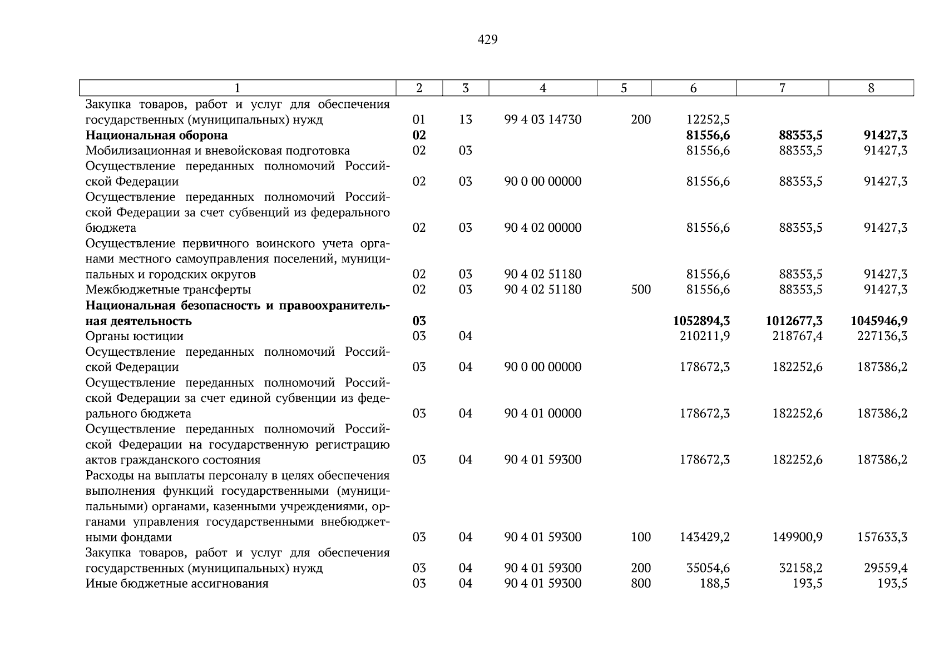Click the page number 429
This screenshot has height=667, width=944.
pos(487,39)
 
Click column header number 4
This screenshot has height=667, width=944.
pos(542,88)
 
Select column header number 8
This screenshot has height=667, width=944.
pos(871,88)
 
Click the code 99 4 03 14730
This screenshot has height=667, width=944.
pos(542,120)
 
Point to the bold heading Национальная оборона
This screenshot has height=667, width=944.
pos(156,135)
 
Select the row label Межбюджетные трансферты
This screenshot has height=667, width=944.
pos(168,290)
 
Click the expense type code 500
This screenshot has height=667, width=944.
pos(641,290)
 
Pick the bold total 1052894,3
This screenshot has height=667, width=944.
pos(701,321)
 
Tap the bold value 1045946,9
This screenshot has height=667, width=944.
pos(879,321)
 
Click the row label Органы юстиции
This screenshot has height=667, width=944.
pos(134,336)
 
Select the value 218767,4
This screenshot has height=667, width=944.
pos(797,336)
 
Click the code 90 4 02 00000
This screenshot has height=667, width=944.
pos(542,228)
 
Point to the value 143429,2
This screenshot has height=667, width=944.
pos(704,537)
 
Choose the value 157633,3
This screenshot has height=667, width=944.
pos(882,537)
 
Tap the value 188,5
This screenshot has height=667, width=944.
pos(715,584)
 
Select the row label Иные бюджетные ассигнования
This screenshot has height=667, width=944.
pos(177,584)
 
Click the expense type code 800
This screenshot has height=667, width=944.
pos(641,584)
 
